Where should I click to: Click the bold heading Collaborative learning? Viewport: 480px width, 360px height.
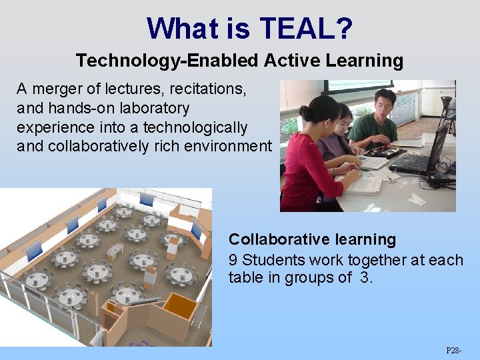click(x=312, y=239)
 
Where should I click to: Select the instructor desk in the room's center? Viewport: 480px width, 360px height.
click(x=115, y=252)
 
